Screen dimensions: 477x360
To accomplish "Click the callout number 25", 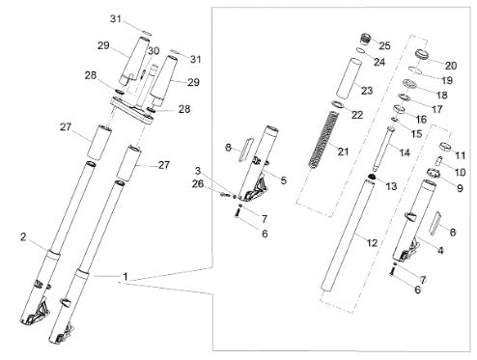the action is pyautogui.click(x=384, y=45).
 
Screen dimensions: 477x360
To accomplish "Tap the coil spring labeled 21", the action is pyautogui.click(x=323, y=140).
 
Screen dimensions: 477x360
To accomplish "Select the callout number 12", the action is pyautogui.click(x=372, y=242).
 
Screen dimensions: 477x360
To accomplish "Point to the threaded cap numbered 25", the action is pyautogui.click(x=365, y=39).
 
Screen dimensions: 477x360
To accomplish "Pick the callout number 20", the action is pyautogui.click(x=451, y=66).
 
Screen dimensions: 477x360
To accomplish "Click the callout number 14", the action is pyautogui.click(x=405, y=152).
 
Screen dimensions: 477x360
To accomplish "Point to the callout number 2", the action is pyautogui.click(x=23, y=237).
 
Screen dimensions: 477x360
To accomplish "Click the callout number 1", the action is pyautogui.click(x=126, y=276).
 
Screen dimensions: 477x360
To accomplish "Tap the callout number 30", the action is pyautogui.click(x=154, y=51).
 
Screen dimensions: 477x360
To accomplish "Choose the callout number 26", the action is pyautogui.click(x=198, y=184).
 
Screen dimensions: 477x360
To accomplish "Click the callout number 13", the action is pyautogui.click(x=391, y=186).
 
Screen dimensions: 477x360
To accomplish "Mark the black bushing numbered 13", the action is pyautogui.click(x=372, y=177).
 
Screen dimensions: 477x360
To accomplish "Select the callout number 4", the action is pyautogui.click(x=440, y=250).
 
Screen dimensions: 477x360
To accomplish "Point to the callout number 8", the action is pyautogui.click(x=453, y=232).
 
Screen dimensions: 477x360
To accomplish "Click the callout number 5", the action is pyautogui.click(x=283, y=180).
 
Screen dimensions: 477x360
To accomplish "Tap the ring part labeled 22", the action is pyautogui.click(x=338, y=104).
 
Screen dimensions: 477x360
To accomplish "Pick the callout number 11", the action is pyautogui.click(x=461, y=155).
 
